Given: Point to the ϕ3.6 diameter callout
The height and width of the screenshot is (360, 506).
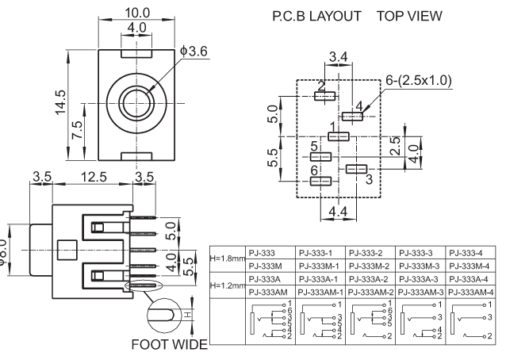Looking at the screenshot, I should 194,52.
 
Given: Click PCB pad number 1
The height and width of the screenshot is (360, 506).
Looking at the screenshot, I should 339,137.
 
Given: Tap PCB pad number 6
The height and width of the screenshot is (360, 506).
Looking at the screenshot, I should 320,182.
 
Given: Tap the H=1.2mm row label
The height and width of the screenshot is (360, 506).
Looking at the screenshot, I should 226,285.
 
